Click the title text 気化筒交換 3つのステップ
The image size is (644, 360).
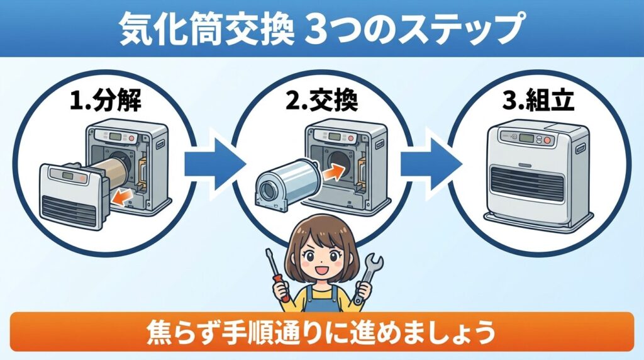pyautogui.click(x=321, y=29)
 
